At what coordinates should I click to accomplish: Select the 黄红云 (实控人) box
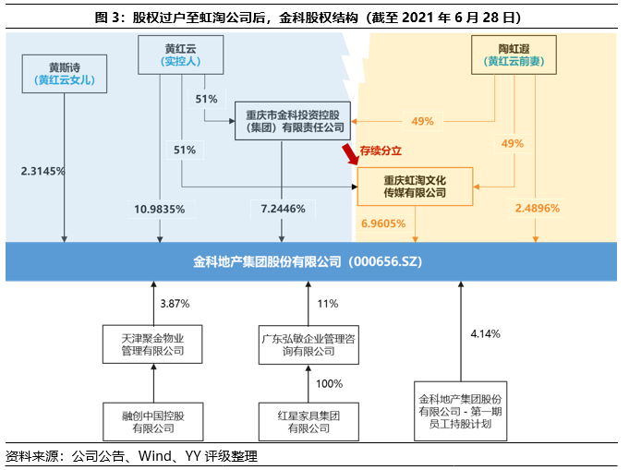181,54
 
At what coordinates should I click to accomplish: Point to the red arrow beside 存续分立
350,153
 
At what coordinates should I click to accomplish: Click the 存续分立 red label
381,149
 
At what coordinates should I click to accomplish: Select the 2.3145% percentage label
43,171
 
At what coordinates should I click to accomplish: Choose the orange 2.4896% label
538,209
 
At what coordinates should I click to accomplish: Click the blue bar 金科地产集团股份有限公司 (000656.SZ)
313,262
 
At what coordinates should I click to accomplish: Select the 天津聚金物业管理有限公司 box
152,344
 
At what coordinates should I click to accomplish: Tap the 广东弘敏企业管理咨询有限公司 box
308,344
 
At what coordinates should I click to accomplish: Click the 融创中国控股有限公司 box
152,421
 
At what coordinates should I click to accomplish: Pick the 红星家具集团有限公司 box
308,421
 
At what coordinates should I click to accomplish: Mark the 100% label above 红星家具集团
330,383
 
